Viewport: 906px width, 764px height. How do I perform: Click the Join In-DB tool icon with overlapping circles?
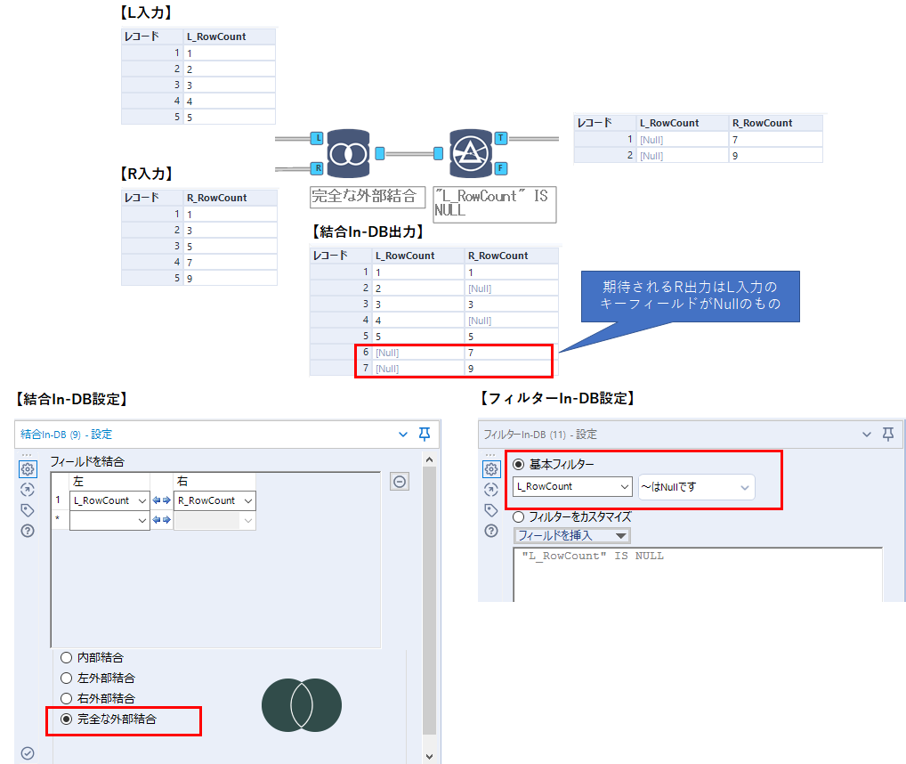pos(348,154)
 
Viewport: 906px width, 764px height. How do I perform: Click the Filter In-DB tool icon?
pos(470,154)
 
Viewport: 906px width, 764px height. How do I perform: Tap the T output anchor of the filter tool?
pos(501,138)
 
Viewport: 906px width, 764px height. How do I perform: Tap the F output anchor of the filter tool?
pos(501,168)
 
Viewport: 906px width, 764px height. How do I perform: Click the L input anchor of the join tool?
pos(317,138)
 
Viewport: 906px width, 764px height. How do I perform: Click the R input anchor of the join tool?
pos(317,168)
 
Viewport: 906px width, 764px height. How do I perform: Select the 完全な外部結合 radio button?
pos(67,719)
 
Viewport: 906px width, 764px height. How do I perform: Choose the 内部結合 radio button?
pos(67,658)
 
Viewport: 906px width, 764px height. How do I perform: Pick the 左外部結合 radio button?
pos(67,678)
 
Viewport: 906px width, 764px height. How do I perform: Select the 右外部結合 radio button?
pos(67,698)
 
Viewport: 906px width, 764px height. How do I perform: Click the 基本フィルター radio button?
pos(519,464)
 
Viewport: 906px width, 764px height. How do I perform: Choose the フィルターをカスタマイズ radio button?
pos(519,516)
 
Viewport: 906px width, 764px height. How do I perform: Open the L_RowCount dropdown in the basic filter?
pos(572,486)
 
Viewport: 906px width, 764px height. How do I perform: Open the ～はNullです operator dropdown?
pos(696,487)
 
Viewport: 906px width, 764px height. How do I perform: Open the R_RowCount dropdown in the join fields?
pos(214,500)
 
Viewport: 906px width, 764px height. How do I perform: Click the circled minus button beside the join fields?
pos(400,482)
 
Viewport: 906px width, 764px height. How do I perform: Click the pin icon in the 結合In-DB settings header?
pos(425,434)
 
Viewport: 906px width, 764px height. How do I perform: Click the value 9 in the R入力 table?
pos(190,279)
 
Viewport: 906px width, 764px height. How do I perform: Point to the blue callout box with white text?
pos(691,297)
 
